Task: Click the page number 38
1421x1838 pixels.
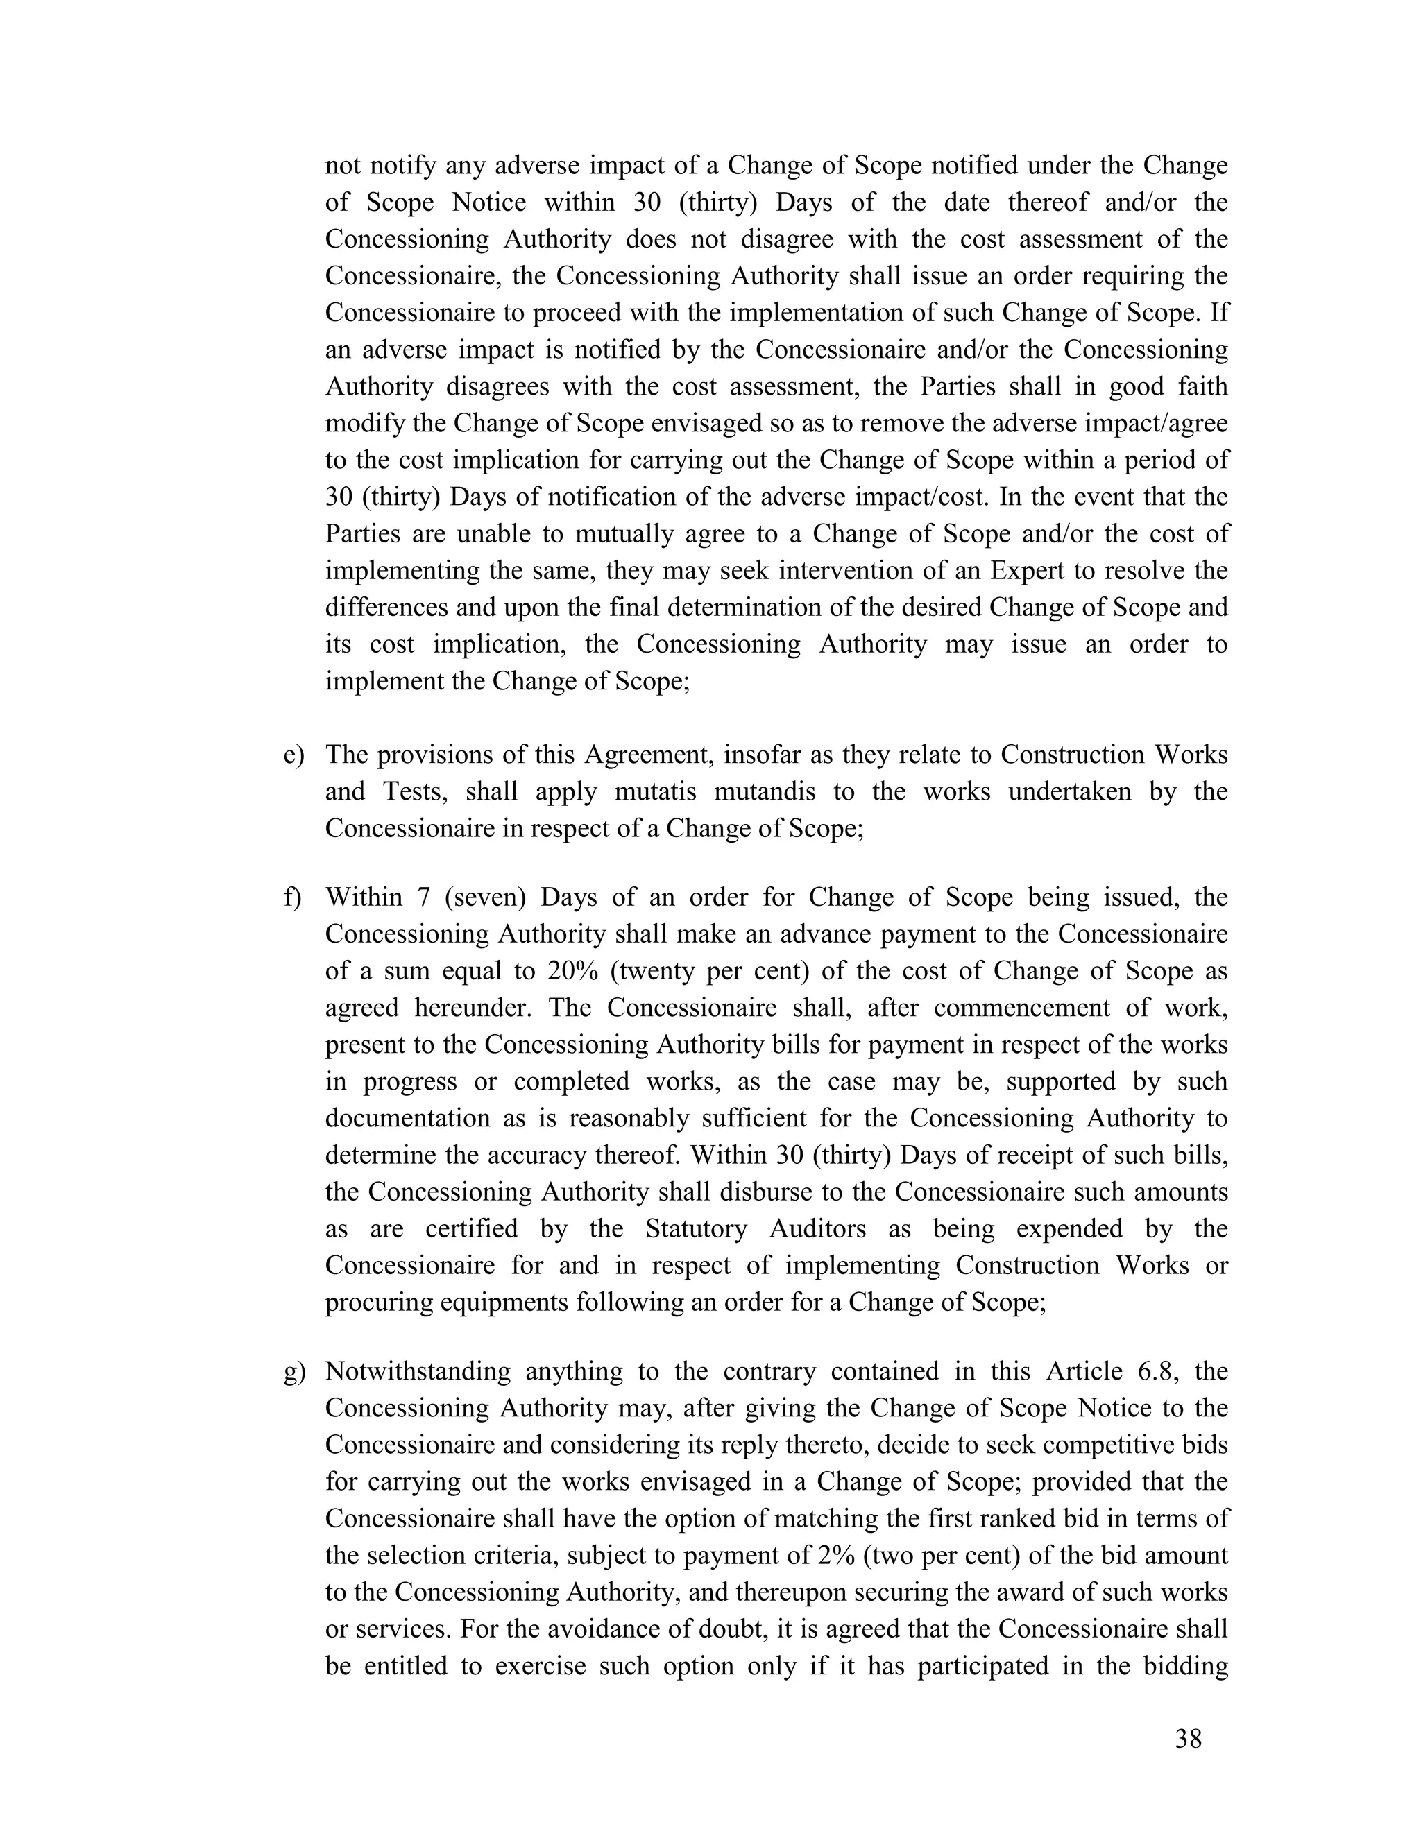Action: click(x=1189, y=1739)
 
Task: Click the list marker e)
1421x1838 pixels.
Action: click(x=293, y=755)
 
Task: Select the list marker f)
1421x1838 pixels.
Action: click(x=292, y=898)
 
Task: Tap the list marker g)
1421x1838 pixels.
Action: click(x=293, y=1372)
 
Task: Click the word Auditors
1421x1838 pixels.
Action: click(x=817, y=1229)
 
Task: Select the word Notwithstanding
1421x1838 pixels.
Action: click(x=418, y=1372)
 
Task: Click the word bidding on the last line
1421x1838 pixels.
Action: click(x=1182, y=1666)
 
